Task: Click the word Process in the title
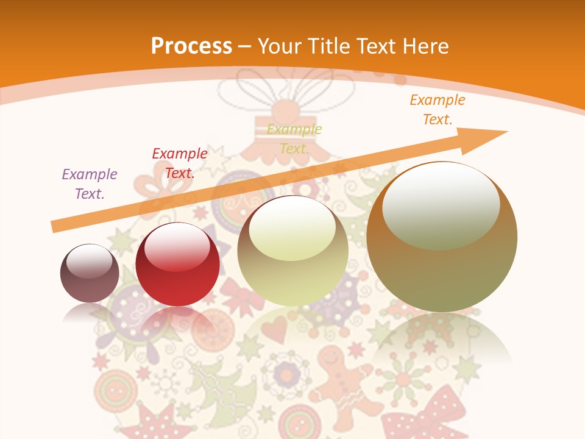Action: click(x=191, y=46)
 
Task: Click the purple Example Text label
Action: click(x=90, y=184)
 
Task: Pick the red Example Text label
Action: click(x=179, y=163)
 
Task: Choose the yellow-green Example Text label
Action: click(x=294, y=138)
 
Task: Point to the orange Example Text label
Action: click(x=437, y=110)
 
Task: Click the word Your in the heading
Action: click(x=278, y=46)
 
